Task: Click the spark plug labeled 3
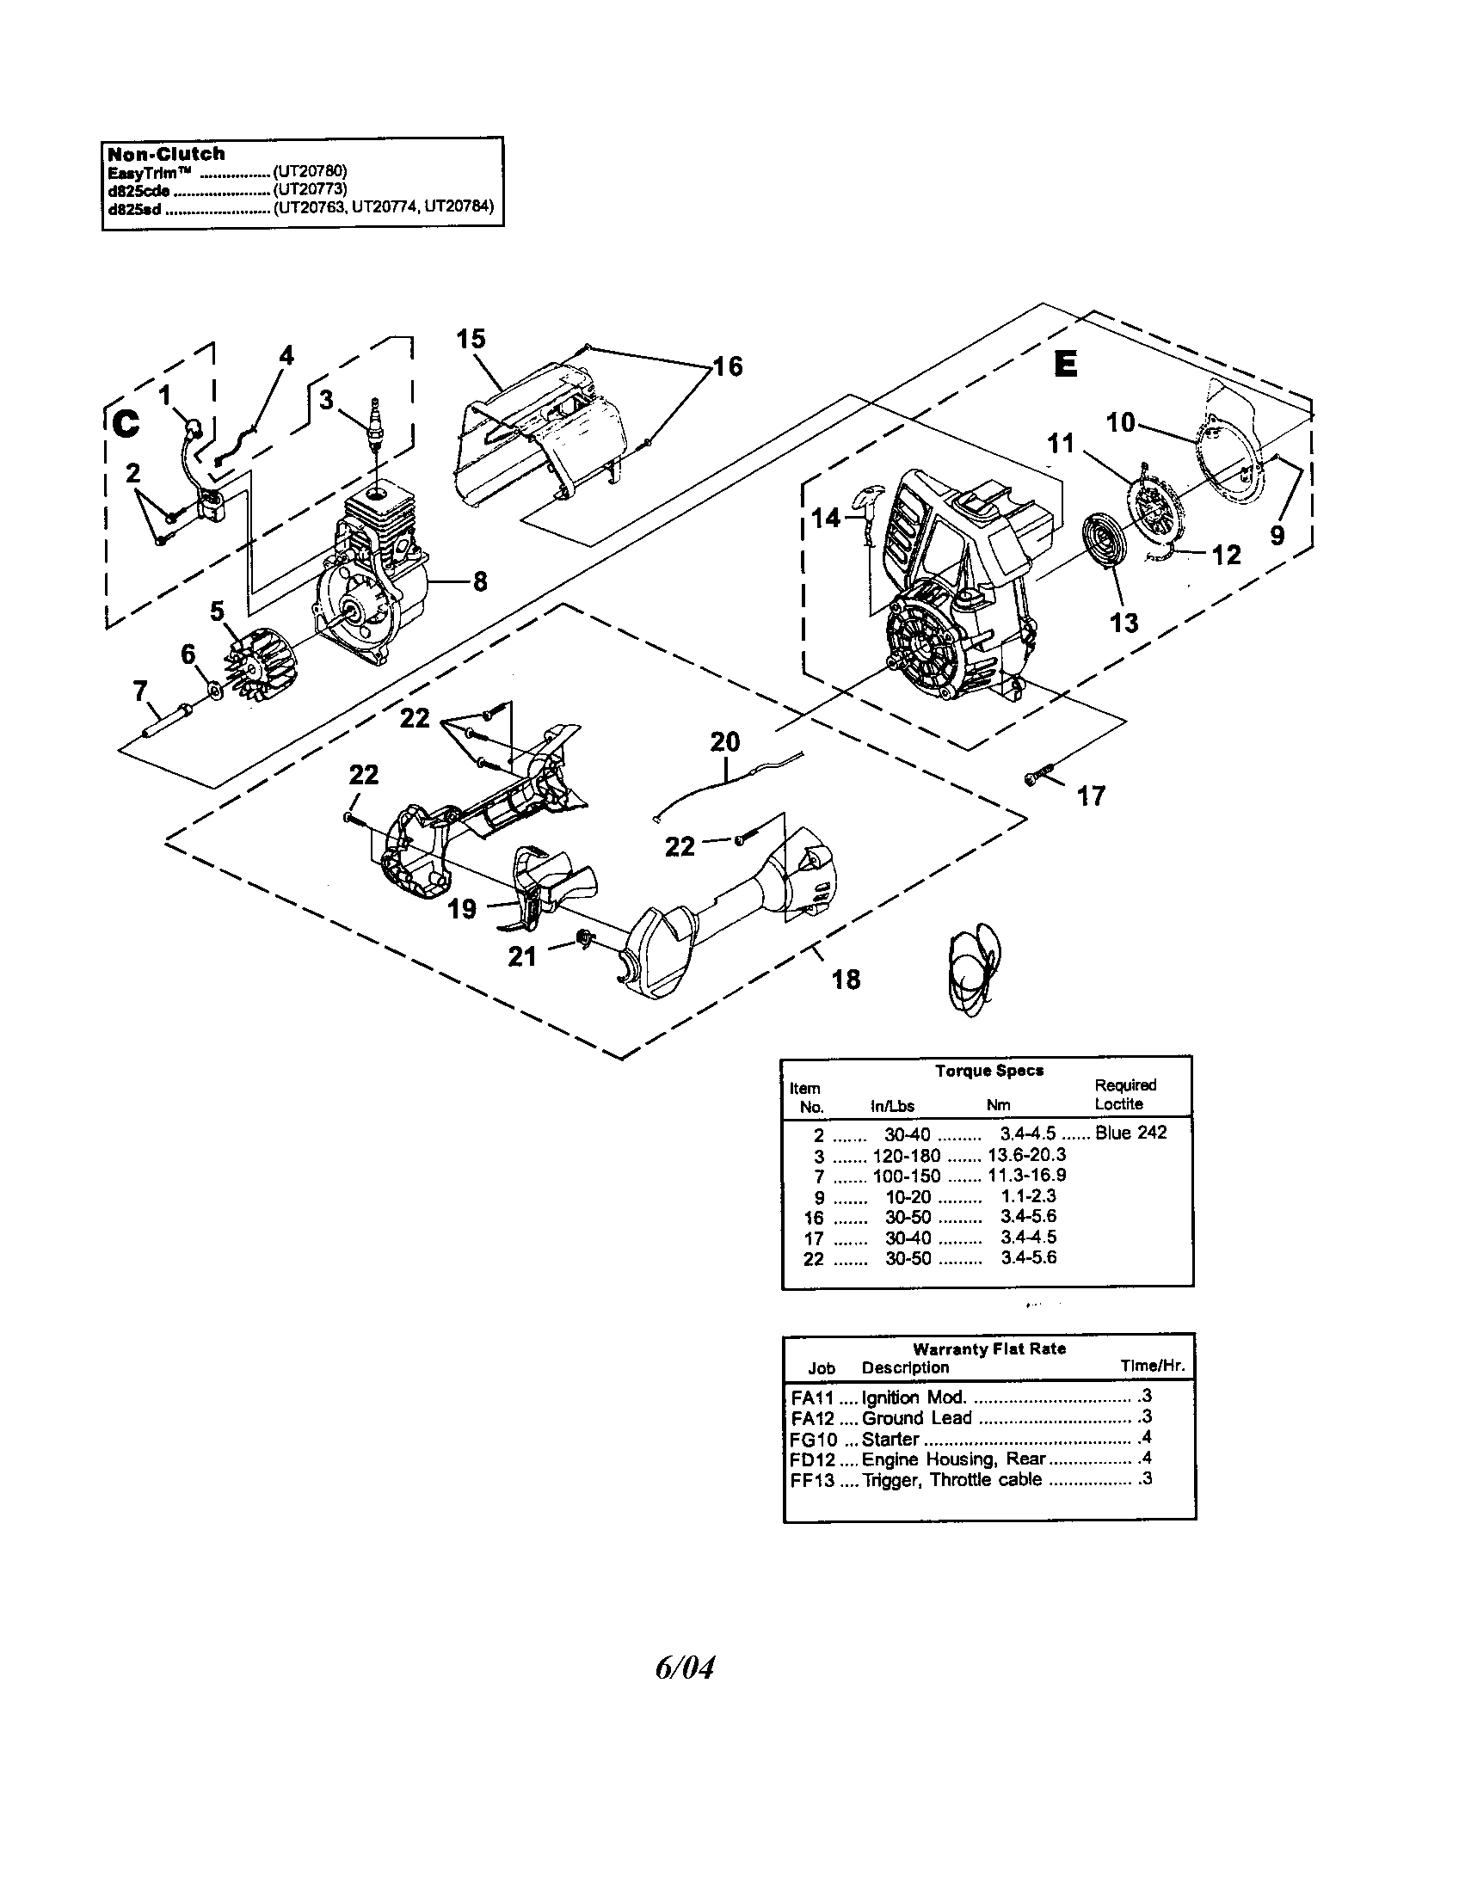tap(375, 426)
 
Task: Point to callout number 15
tap(471, 339)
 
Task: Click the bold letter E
tap(1065, 365)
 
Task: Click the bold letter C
tap(126, 424)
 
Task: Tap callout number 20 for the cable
tap(724, 741)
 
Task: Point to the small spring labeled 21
tap(586, 938)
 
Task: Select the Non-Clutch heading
tap(165, 154)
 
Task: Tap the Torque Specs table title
tap(988, 1070)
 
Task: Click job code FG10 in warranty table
tap(814, 1439)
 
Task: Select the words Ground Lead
tap(917, 1418)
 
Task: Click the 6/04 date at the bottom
tap(685, 1667)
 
